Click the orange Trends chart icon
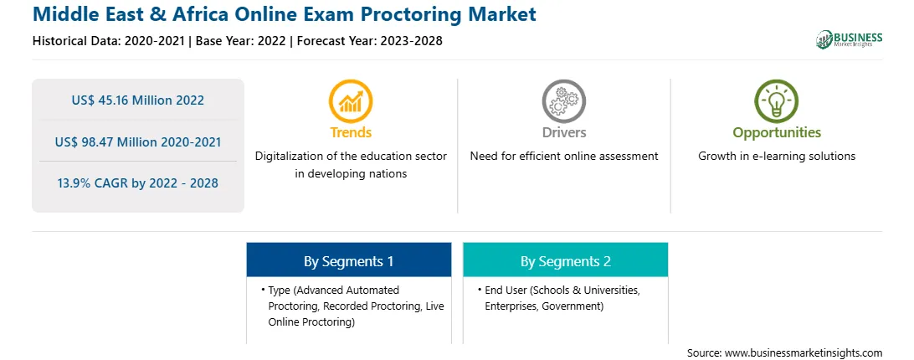(x=351, y=100)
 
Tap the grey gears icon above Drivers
(x=563, y=100)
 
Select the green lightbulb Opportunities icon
(x=777, y=100)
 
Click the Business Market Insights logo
(x=850, y=39)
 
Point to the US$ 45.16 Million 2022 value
(x=138, y=100)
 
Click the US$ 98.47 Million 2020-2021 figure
(x=138, y=141)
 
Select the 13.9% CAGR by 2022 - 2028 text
(x=138, y=183)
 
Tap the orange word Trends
(x=351, y=132)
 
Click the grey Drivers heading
(x=563, y=132)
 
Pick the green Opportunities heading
(x=777, y=133)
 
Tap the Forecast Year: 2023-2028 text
(x=370, y=41)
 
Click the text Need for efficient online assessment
(x=563, y=156)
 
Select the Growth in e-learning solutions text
(x=777, y=157)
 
